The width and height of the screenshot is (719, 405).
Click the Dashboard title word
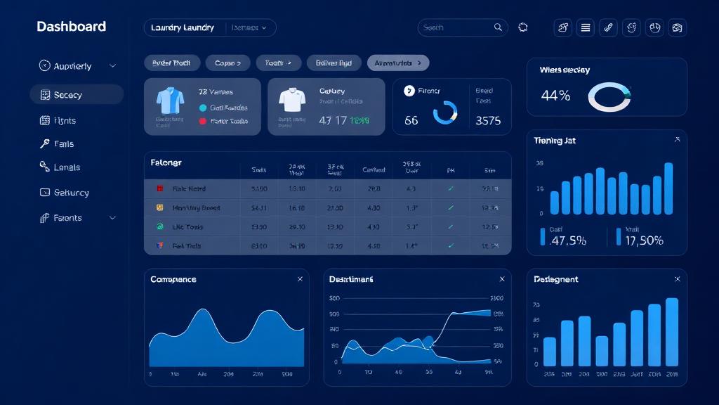71,27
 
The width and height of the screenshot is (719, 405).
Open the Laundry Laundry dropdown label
183,27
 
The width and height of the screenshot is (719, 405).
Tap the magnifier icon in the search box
498,27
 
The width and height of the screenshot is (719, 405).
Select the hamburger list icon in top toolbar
586,27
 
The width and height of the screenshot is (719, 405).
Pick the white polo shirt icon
291,101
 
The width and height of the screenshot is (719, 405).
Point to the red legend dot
203,121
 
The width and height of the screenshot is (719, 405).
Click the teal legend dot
203,108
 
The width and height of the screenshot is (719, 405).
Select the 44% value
555,96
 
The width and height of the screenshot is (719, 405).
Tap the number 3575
488,120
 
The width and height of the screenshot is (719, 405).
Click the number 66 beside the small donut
411,120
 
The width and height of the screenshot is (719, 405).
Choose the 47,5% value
568,240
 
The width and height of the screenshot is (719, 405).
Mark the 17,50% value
644,240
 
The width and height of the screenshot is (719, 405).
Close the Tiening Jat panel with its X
677,140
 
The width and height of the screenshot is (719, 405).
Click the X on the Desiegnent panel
677,279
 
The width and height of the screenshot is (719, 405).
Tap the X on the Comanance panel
300,279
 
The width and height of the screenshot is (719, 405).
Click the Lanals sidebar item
67,167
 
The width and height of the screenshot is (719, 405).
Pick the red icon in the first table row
159,189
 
